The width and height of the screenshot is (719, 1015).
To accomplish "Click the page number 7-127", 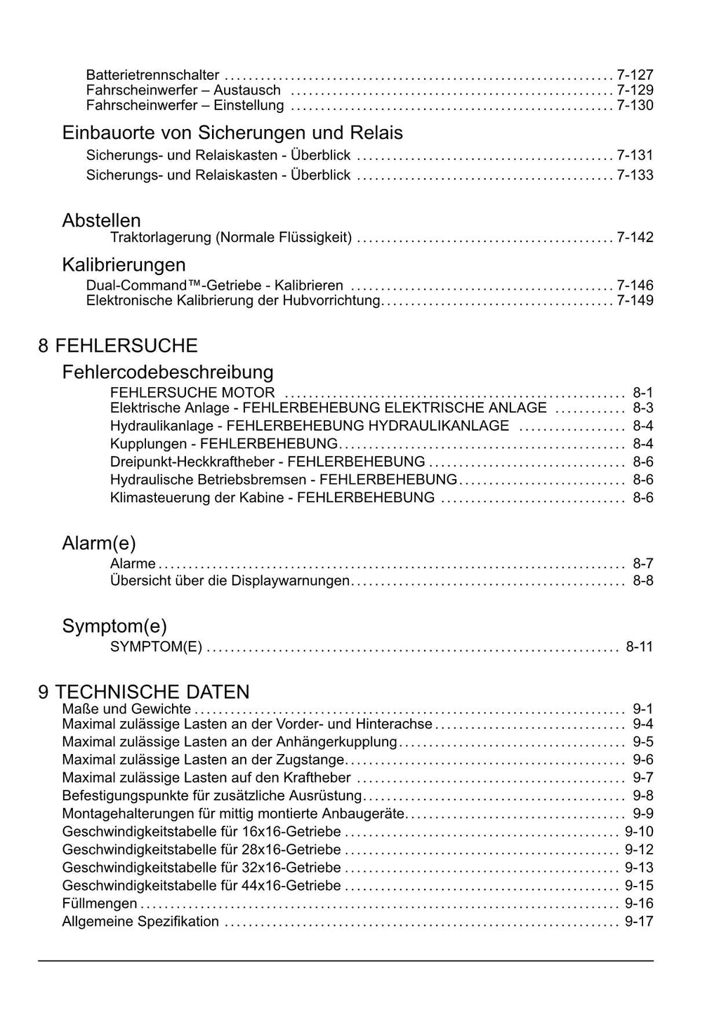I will coord(635,75).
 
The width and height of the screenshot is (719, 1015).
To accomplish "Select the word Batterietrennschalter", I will coord(152,75).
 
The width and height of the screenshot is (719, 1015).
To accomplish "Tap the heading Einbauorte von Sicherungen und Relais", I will coord(232,133).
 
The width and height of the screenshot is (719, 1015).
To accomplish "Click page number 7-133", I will coord(635,175).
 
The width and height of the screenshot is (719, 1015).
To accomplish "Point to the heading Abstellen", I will coord(101,220).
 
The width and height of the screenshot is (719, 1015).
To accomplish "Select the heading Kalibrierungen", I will coord(124,264).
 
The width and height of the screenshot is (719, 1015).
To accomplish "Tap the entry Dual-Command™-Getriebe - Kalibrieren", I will coord(215,285).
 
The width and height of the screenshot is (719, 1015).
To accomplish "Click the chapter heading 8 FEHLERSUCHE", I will coord(118,345).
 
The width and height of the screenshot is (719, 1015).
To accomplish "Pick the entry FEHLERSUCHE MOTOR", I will coord(192,393).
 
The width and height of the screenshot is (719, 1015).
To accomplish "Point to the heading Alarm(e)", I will coord(98,543).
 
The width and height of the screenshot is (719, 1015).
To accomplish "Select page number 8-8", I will coord(642,581).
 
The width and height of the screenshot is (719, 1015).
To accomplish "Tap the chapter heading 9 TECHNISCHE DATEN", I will coord(144,692).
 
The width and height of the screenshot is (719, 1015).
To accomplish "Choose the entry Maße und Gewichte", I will coord(126,709).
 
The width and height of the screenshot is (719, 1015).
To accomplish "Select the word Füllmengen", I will coord(100,903).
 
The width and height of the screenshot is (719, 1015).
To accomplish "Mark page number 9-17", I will coord(639,922).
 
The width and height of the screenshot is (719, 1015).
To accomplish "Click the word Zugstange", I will coord(312,760).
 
